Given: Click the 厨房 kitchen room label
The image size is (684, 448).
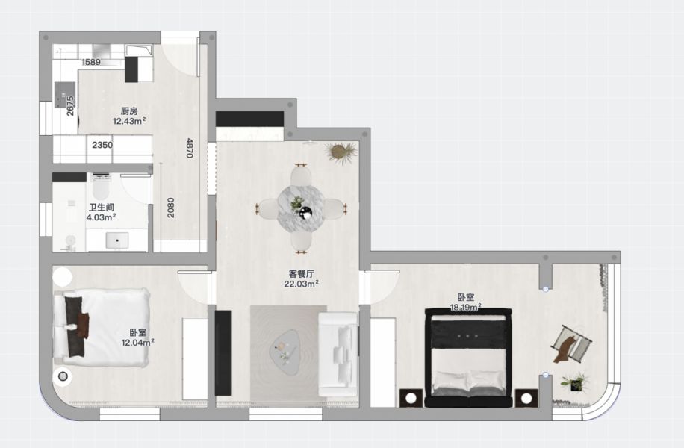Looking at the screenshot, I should [x=129, y=111].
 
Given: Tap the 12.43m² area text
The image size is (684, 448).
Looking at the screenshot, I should [x=129, y=121].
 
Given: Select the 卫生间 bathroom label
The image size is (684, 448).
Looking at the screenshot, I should [x=102, y=208].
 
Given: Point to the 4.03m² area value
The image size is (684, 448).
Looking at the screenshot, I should [x=102, y=218].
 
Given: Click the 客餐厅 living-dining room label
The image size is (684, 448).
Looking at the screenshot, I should [x=302, y=273].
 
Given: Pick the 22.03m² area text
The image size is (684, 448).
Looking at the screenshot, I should [x=302, y=284].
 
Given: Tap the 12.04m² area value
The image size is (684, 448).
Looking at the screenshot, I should [x=137, y=343].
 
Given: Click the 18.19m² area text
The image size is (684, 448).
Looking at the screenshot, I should [x=465, y=307].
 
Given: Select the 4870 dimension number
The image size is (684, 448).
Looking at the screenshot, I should [x=190, y=147].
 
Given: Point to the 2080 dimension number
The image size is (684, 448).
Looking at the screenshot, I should [x=171, y=208].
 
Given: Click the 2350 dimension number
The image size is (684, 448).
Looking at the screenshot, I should [x=102, y=145].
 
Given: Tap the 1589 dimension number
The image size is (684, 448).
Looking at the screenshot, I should [x=91, y=62].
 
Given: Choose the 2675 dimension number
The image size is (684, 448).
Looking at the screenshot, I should [x=70, y=105].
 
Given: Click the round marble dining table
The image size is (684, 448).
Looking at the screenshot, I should [x=301, y=208].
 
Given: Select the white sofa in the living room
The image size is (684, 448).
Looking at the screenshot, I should [x=338, y=354].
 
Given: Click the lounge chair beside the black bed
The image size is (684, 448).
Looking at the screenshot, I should [x=571, y=344].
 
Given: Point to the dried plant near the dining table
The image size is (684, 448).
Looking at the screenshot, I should [x=341, y=152].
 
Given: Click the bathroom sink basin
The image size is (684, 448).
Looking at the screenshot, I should [x=117, y=240].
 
